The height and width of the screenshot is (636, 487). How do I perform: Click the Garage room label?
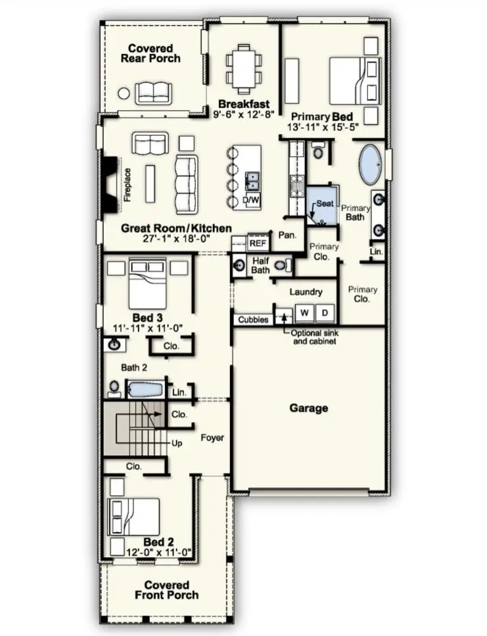(309, 408)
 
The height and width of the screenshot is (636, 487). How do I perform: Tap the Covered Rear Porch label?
(151, 53)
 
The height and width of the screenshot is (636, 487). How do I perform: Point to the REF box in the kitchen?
(258, 243)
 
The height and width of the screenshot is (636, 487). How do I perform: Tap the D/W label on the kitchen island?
(251, 199)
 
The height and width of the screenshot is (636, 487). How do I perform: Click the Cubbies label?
(253, 320)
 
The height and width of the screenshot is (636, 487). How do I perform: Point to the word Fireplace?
(128, 185)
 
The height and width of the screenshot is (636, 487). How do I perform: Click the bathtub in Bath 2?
(144, 389)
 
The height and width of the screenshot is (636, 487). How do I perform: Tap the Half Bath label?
(261, 266)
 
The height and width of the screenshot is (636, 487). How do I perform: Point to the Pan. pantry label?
(287, 234)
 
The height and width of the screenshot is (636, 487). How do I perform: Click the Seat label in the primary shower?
(325, 204)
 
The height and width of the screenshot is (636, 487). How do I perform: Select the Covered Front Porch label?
(167, 590)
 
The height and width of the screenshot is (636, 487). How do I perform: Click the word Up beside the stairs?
(176, 443)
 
